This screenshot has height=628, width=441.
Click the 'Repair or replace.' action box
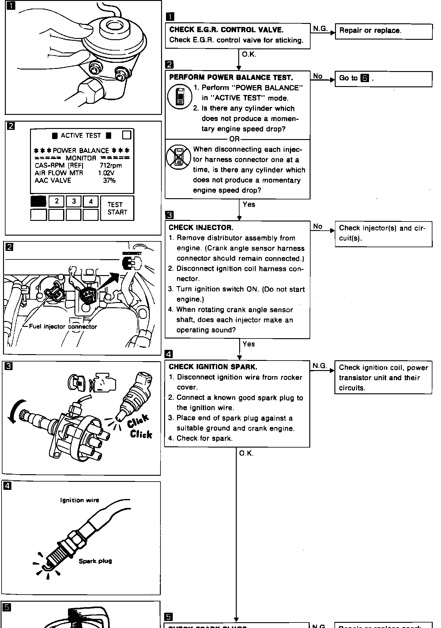point(383,31)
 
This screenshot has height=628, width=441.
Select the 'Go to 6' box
point(383,79)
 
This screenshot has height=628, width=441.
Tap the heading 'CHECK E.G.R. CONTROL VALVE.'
point(226,30)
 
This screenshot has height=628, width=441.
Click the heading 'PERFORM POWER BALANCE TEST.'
point(231,78)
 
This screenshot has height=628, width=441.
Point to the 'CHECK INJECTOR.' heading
point(201,228)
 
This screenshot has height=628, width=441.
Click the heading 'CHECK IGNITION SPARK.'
point(213,367)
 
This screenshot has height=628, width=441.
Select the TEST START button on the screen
point(117,208)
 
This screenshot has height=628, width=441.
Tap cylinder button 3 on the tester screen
point(74,201)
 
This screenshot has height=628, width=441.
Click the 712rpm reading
point(111,166)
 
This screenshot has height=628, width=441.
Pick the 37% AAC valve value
point(109,180)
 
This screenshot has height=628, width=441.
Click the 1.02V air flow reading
point(106,173)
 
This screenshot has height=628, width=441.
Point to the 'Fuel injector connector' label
point(63,327)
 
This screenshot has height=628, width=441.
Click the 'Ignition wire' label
point(80,500)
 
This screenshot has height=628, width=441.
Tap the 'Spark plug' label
point(95,561)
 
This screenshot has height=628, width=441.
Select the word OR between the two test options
point(234,139)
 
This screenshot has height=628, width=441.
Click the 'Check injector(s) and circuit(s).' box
point(383,233)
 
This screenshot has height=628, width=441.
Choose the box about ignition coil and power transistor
point(383,377)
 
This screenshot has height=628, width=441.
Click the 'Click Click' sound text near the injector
point(139,427)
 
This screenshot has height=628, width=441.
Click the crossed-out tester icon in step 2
point(179,157)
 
